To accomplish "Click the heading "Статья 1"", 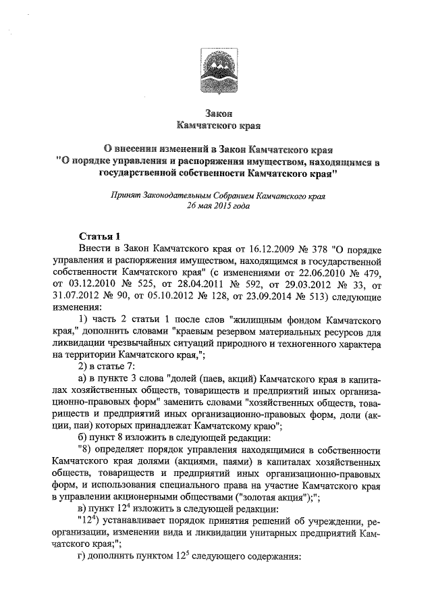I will (x=99, y=236).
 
